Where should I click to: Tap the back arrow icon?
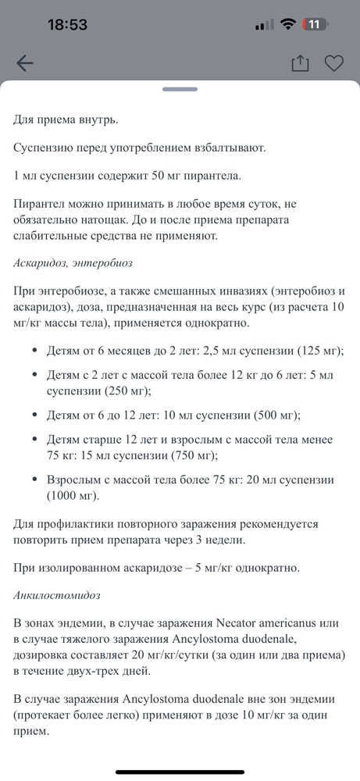(25, 64)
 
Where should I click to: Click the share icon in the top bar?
(301, 64)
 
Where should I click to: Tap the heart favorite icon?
(334, 64)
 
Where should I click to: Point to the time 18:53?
(68, 24)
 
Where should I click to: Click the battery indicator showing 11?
(315, 24)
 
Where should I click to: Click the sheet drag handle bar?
(180, 89)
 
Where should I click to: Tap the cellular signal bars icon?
(265, 24)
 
